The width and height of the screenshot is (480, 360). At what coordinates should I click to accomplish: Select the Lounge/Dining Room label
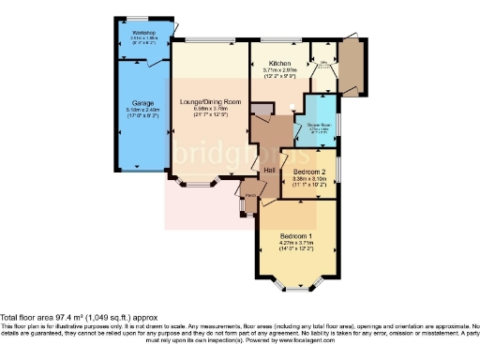(x=205, y=100)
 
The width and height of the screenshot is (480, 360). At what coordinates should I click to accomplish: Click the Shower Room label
(x=312, y=124)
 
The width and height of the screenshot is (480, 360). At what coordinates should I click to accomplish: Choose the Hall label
(x=268, y=169)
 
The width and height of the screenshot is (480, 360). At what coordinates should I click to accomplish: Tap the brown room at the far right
(x=354, y=65)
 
